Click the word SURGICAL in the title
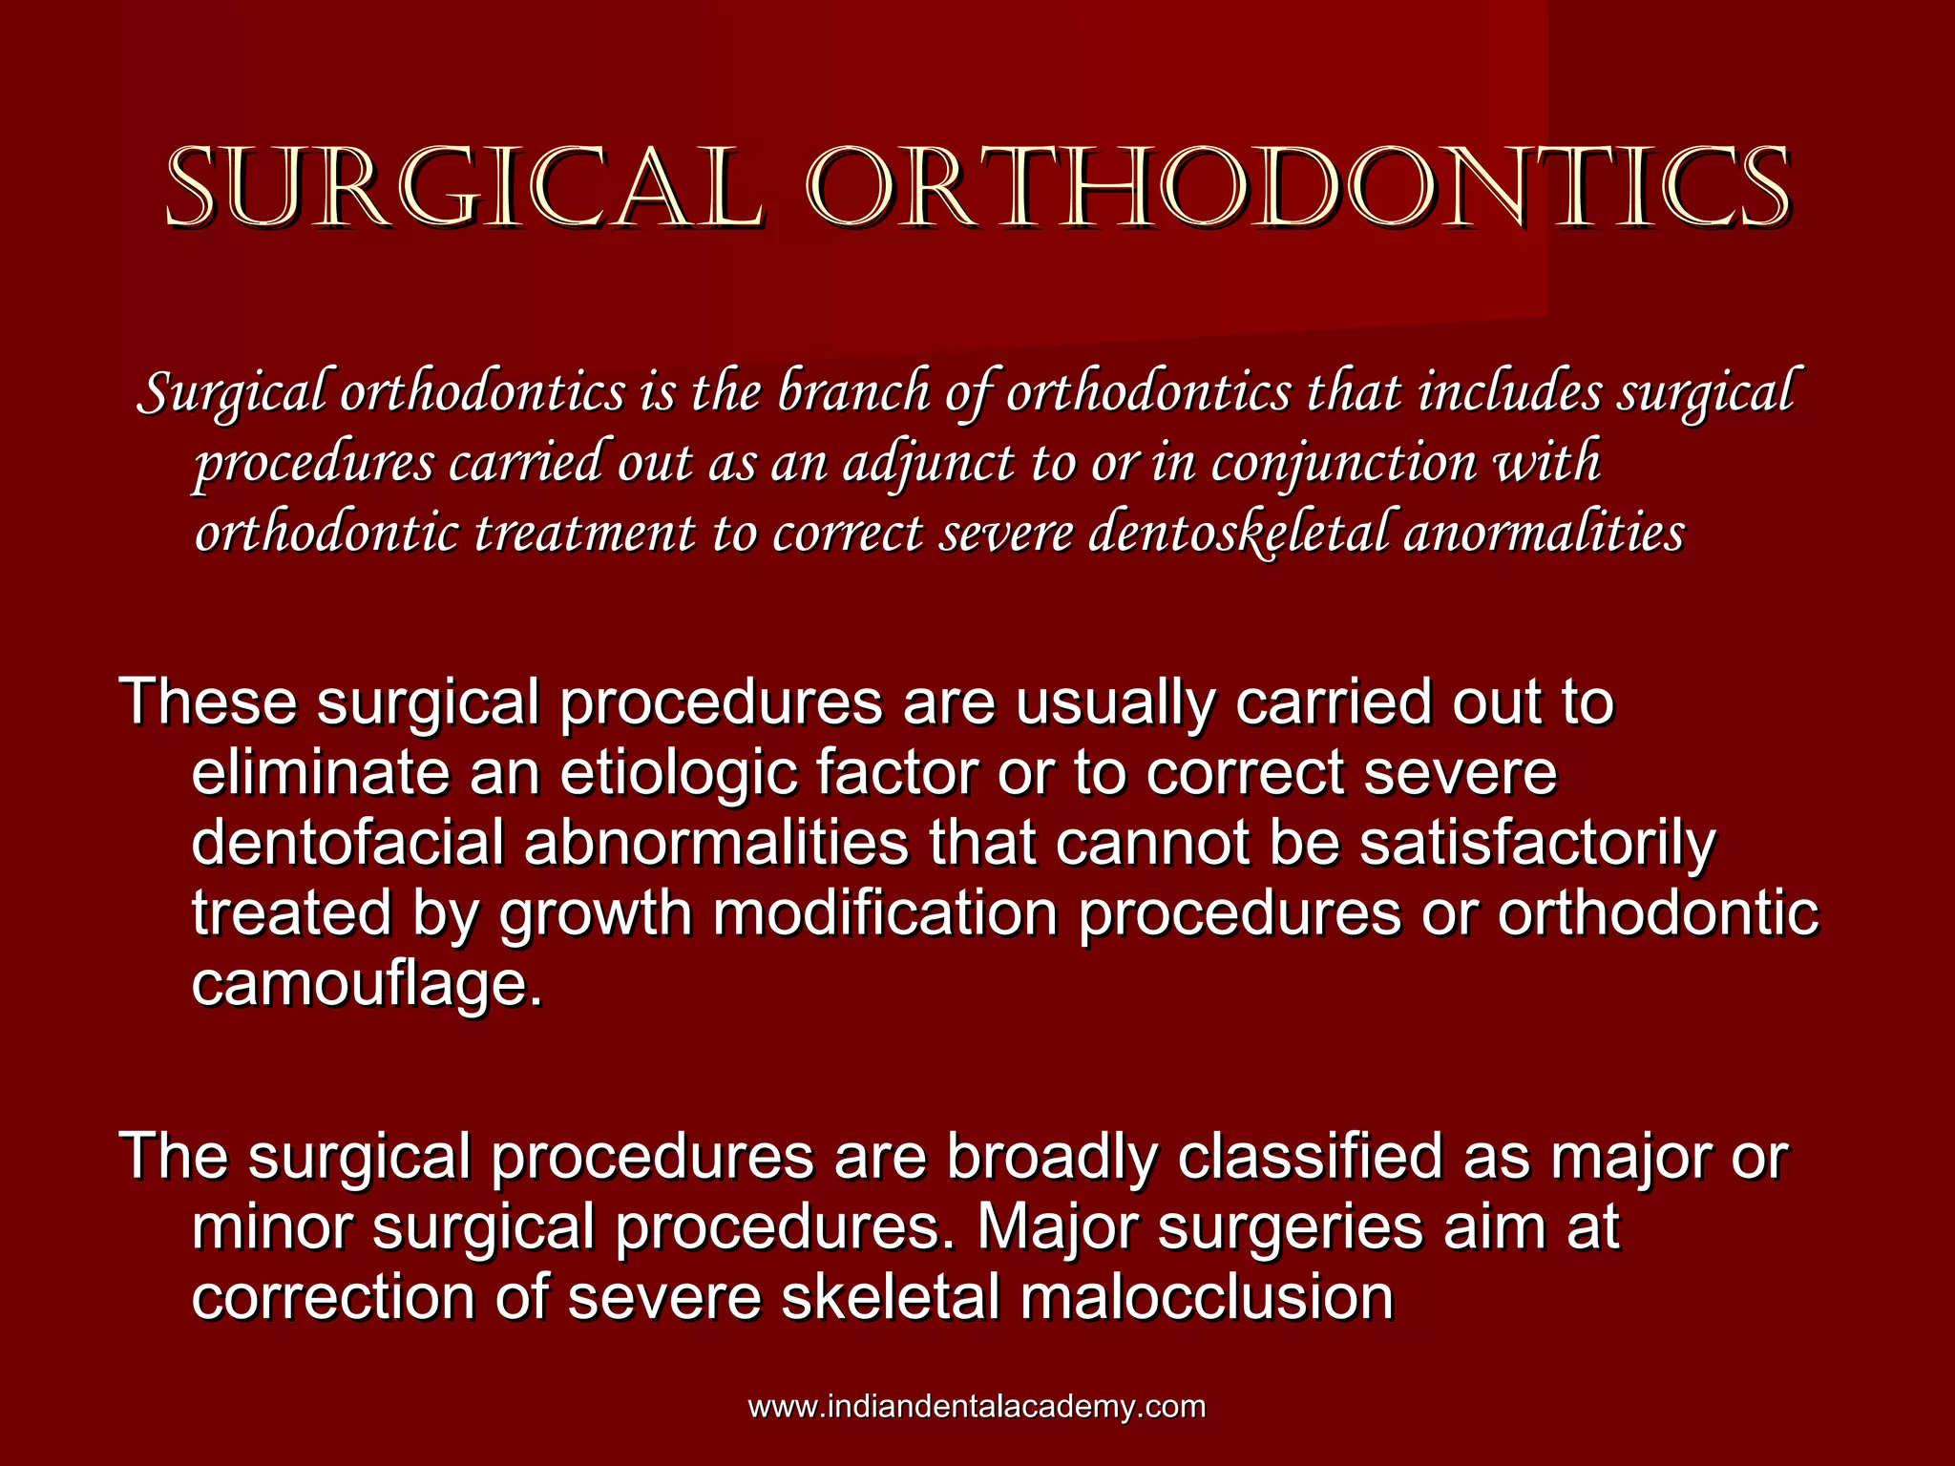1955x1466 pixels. click(x=465, y=188)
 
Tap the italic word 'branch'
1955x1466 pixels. click(x=854, y=392)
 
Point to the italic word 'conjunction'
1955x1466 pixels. click(x=1344, y=464)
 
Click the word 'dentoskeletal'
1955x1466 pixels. click(x=1239, y=534)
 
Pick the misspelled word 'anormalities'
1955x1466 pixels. click(x=1544, y=532)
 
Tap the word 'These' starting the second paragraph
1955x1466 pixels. click(x=209, y=702)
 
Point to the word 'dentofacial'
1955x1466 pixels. click(x=348, y=843)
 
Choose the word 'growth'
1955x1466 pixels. click(x=596, y=914)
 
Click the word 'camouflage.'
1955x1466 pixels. click(x=368, y=984)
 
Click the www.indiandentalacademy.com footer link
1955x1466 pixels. click(x=977, y=1406)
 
